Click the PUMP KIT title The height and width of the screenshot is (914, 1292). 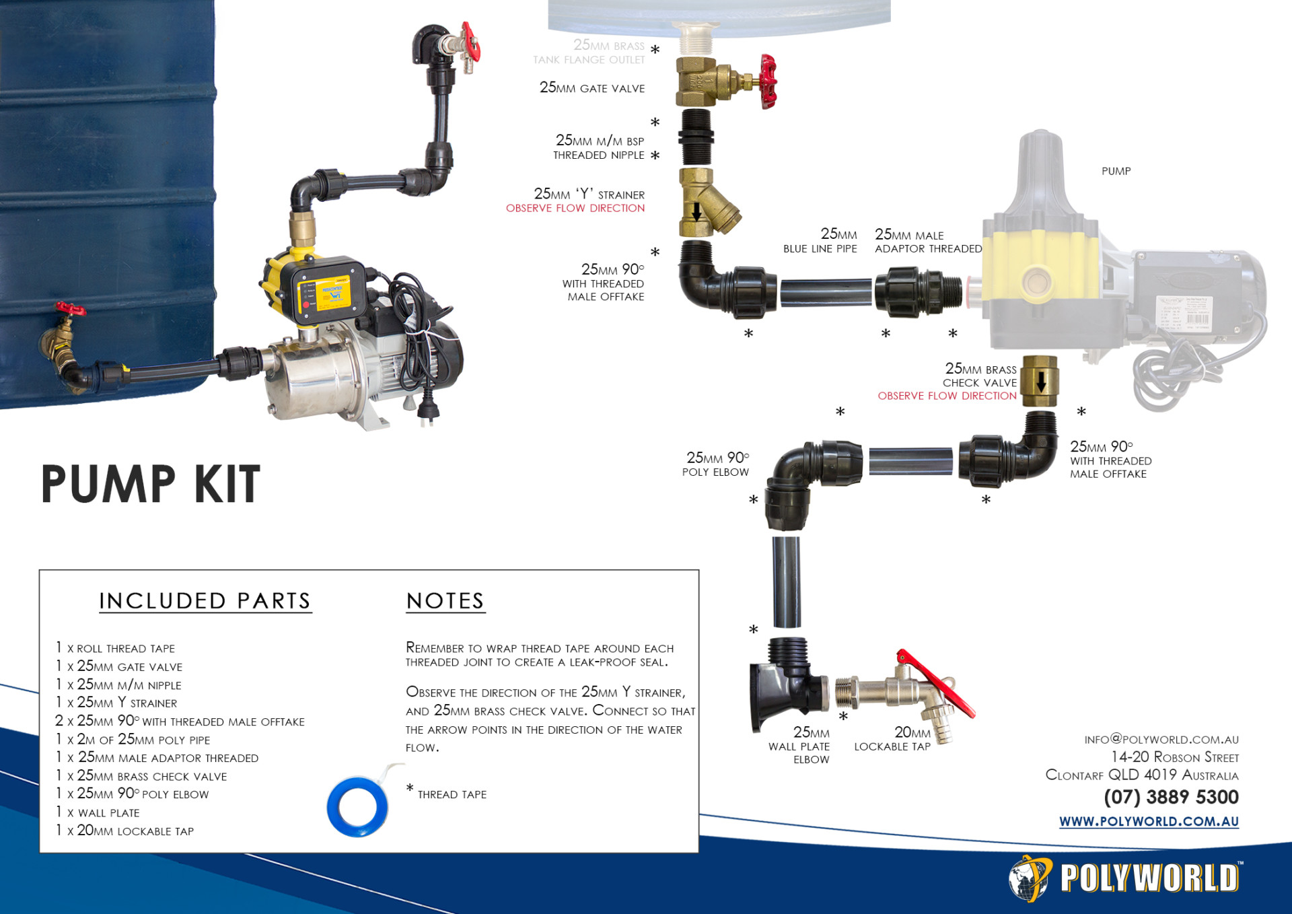151,484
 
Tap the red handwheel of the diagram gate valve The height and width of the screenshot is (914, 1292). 768,81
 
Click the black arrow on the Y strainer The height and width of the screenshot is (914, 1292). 697,211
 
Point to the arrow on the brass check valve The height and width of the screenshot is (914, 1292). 1041,382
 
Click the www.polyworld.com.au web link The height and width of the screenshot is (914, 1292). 1149,821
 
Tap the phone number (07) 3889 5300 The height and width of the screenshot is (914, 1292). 1171,797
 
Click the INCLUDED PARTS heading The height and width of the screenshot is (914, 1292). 205,600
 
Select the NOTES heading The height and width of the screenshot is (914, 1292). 445,600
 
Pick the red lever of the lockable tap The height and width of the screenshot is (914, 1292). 935,682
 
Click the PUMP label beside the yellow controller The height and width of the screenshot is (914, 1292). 1116,171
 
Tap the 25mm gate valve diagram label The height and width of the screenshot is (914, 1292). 592,87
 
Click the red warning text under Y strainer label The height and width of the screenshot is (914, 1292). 575,208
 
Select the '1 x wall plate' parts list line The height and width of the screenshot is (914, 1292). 98,812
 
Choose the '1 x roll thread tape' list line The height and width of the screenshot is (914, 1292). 116,647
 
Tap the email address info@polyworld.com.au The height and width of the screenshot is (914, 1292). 1161,739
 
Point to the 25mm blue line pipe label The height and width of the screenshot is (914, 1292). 820,240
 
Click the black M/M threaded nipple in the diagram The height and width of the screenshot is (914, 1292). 696,137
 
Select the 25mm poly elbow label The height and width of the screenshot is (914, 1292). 716,464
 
